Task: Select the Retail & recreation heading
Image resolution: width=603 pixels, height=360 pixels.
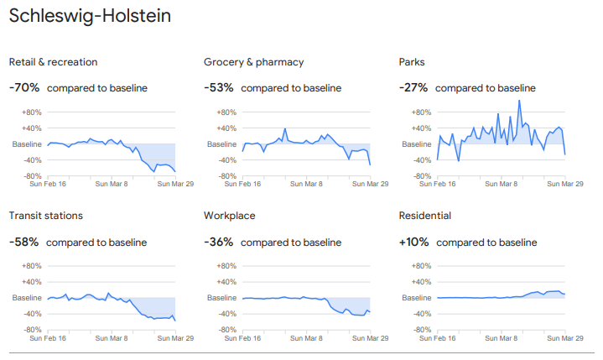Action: pyautogui.click(x=53, y=62)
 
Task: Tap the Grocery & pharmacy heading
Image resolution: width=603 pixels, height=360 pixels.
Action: pyautogui.click(x=253, y=62)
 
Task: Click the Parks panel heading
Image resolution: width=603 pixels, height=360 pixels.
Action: pyautogui.click(x=412, y=62)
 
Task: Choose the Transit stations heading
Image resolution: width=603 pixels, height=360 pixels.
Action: pyautogui.click(x=45, y=216)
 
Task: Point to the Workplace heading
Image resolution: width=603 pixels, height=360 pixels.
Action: pyautogui.click(x=229, y=216)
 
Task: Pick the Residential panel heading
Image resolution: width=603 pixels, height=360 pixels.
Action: pyautogui.click(x=424, y=216)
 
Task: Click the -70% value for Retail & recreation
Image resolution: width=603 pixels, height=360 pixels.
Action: pyautogui.click(x=23, y=87)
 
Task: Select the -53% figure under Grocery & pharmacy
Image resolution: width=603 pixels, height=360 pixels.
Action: pyautogui.click(x=218, y=87)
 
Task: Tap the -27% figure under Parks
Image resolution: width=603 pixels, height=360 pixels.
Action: pyautogui.click(x=413, y=87)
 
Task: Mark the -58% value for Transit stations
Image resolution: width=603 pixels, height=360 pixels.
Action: pyautogui.click(x=23, y=242)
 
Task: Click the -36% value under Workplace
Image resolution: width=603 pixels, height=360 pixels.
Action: pyautogui.click(x=218, y=242)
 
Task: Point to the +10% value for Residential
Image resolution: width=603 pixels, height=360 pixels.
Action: pyautogui.click(x=413, y=242)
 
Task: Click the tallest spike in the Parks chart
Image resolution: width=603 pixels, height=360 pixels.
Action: pyautogui.click(x=519, y=101)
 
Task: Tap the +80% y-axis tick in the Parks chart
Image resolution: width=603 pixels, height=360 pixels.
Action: pyautogui.click(x=420, y=112)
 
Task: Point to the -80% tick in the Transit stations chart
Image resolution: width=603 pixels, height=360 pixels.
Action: pyautogui.click(x=31, y=330)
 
